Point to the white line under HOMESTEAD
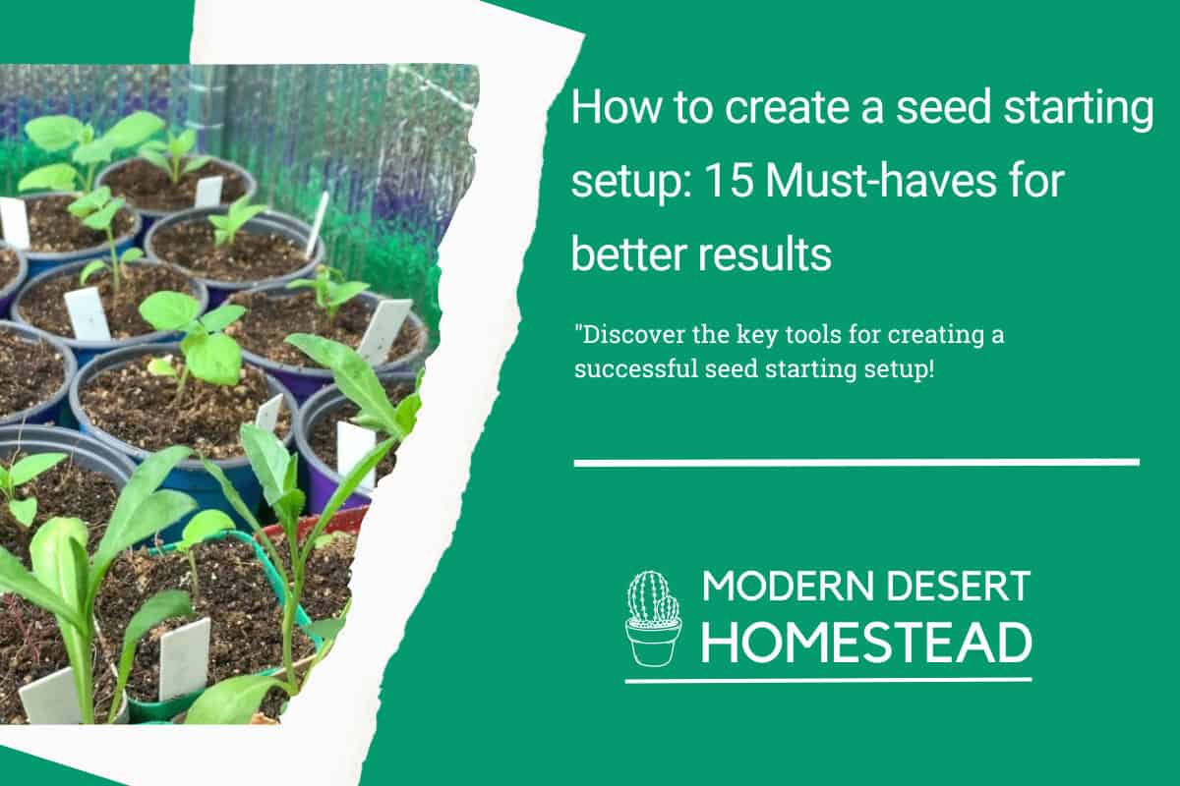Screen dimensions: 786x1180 point(828,680)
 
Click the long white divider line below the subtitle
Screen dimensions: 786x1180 point(855,462)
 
